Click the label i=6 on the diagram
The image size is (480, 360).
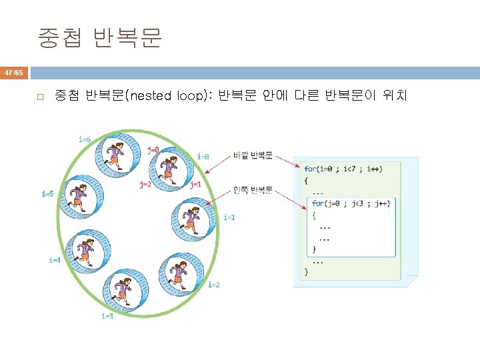(x=84, y=139)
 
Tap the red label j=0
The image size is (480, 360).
(x=153, y=150)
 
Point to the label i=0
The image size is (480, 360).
(x=203, y=157)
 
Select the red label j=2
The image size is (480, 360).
(x=145, y=184)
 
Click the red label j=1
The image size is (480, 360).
(x=195, y=184)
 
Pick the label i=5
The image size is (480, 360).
(x=47, y=194)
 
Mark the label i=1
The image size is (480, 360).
(x=229, y=217)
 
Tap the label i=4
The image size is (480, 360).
(x=55, y=260)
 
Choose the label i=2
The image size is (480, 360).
(x=214, y=285)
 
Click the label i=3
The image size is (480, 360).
(x=107, y=316)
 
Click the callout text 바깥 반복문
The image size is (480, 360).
(x=253, y=155)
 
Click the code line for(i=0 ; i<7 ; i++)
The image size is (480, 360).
(x=343, y=169)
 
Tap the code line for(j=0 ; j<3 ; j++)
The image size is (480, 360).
(x=351, y=203)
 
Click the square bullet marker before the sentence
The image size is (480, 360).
(x=40, y=97)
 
